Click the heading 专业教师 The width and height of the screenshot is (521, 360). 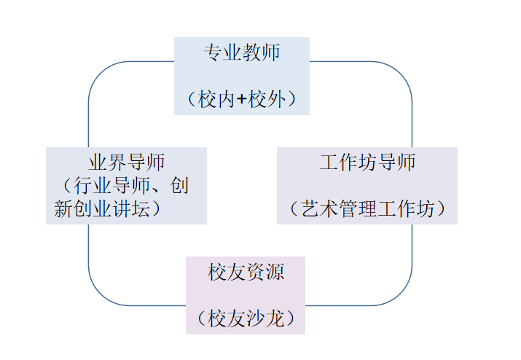242,52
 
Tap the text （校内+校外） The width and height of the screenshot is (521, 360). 242,99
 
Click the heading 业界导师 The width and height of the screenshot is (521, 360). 126,162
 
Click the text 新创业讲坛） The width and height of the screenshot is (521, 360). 107,209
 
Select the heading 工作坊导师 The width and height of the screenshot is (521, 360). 367,162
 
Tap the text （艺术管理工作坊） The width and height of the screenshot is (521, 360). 367,209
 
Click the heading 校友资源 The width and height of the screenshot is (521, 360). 246,273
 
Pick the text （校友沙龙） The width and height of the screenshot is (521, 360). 246,319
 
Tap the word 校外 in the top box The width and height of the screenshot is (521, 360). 267,100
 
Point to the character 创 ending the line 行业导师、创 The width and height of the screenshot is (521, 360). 179,186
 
